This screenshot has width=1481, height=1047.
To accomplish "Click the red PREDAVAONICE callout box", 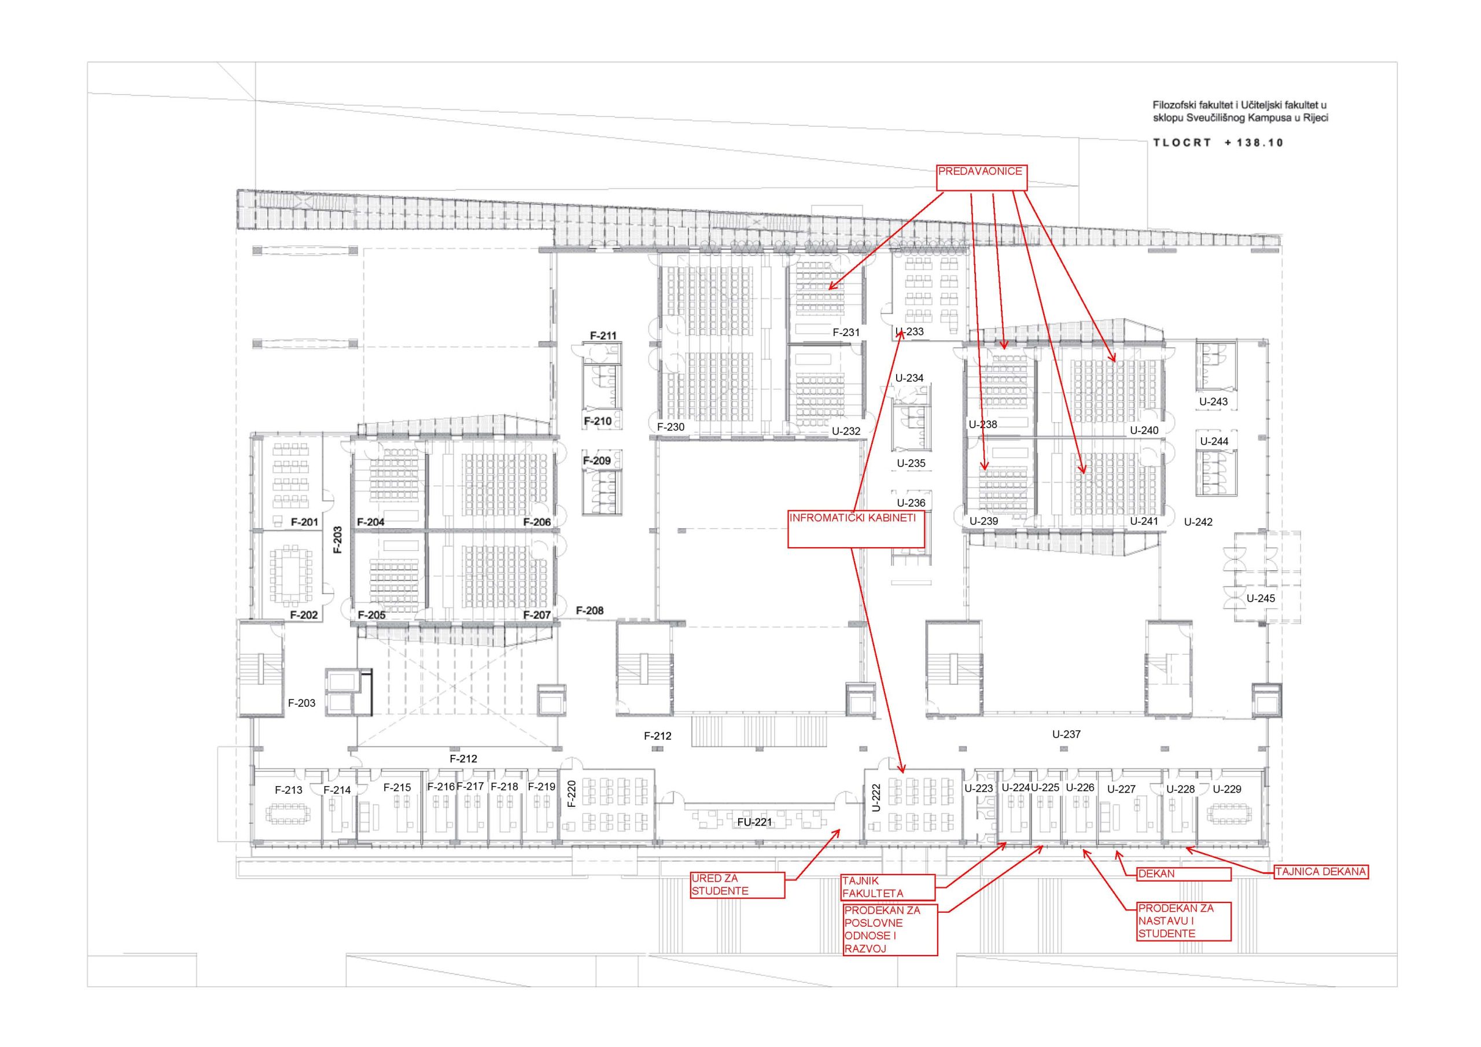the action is [x=981, y=178].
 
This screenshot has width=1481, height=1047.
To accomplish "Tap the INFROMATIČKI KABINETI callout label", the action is [x=856, y=529].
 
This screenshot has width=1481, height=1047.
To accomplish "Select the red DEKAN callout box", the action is [x=1184, y=874].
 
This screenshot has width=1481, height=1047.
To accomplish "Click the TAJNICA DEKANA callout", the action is [x=1321, y=872].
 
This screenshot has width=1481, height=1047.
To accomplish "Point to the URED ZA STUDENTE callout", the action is [x=737, y=885].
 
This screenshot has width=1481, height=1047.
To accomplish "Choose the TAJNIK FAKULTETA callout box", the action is [x=888, y=887].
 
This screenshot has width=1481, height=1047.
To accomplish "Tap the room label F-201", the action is [x=304, y=522].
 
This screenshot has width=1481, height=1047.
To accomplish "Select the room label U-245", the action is [x=1261, y=598].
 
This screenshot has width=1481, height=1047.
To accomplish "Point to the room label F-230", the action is [x=671, y=426].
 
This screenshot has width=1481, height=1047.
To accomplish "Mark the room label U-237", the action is [x=1066, y=733].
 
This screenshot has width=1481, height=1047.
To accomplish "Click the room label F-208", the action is [x=590, y=610].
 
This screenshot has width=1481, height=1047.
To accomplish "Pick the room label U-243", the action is [x=1213, y=401].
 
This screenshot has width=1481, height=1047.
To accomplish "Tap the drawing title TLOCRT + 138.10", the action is [x=1218, y=142].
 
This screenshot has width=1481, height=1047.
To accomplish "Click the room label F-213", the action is [x=288, y=790].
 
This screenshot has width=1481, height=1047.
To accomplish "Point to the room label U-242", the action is [x=1198, y=522].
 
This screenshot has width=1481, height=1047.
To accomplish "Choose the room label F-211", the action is [x=603, y=336].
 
